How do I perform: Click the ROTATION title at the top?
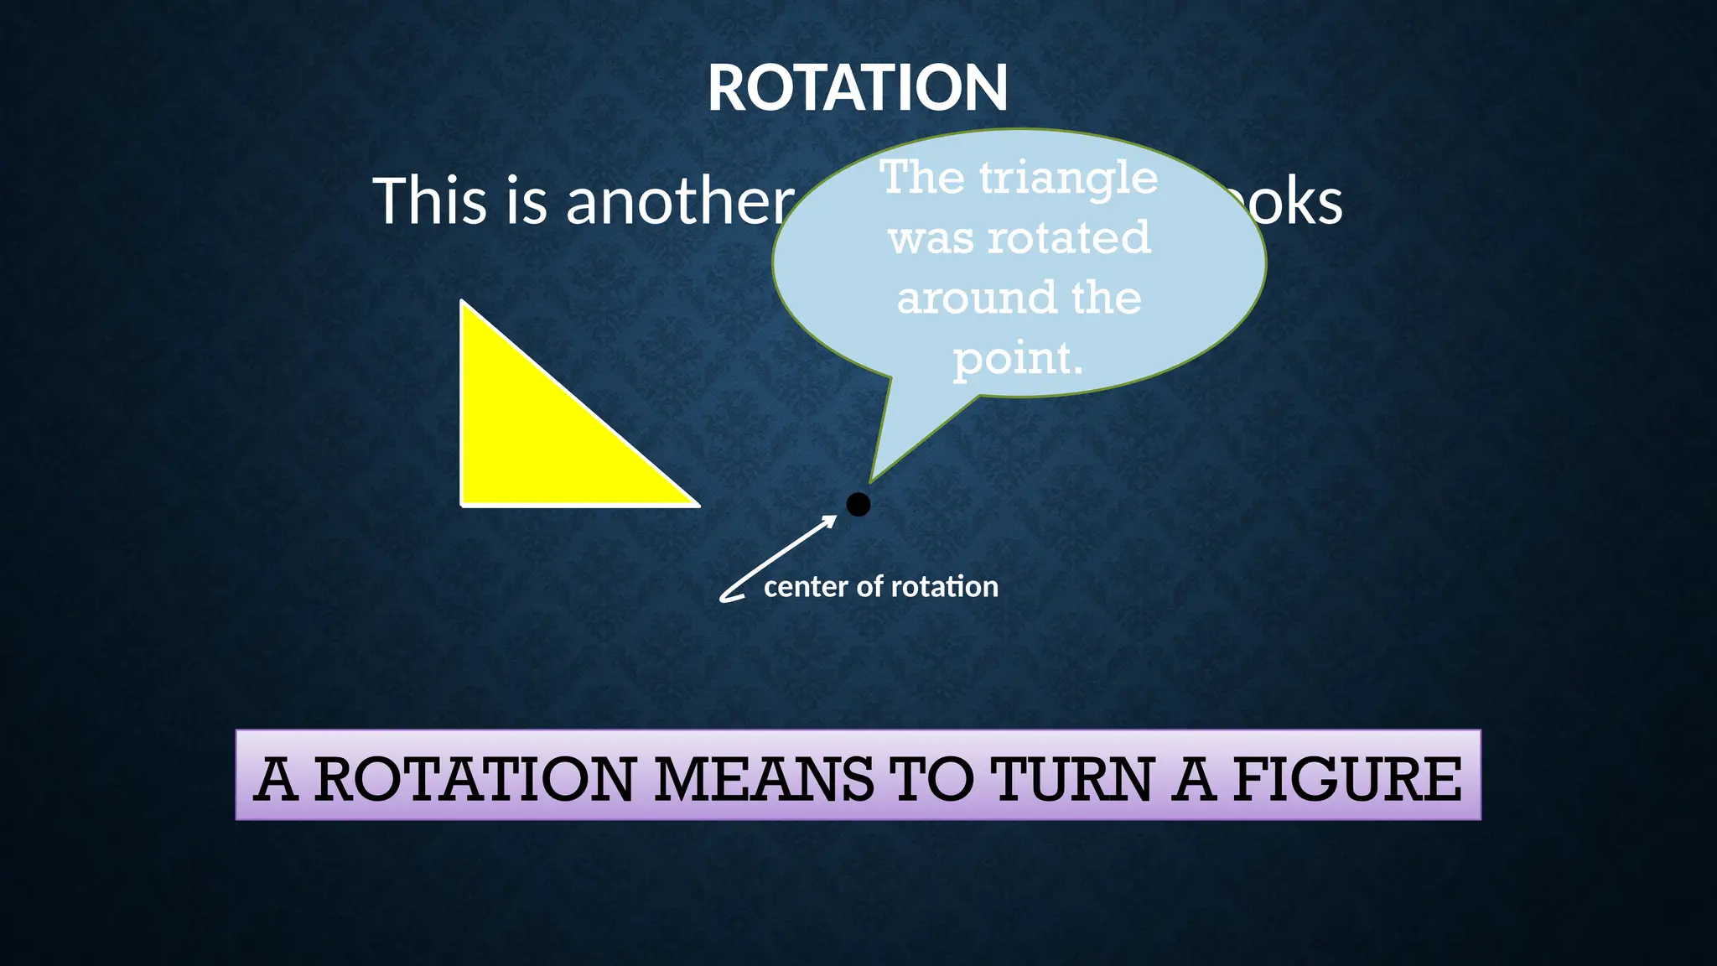(857, 88)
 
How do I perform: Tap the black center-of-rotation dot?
(858, 504)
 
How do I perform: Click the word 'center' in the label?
(806, 586)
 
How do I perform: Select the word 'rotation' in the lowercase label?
(945, 586)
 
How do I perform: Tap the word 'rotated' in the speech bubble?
(1068, 238)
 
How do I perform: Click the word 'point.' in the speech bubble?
(1018, 359)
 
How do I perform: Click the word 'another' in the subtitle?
(679, 201)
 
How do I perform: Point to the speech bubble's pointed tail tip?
(871, 481)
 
